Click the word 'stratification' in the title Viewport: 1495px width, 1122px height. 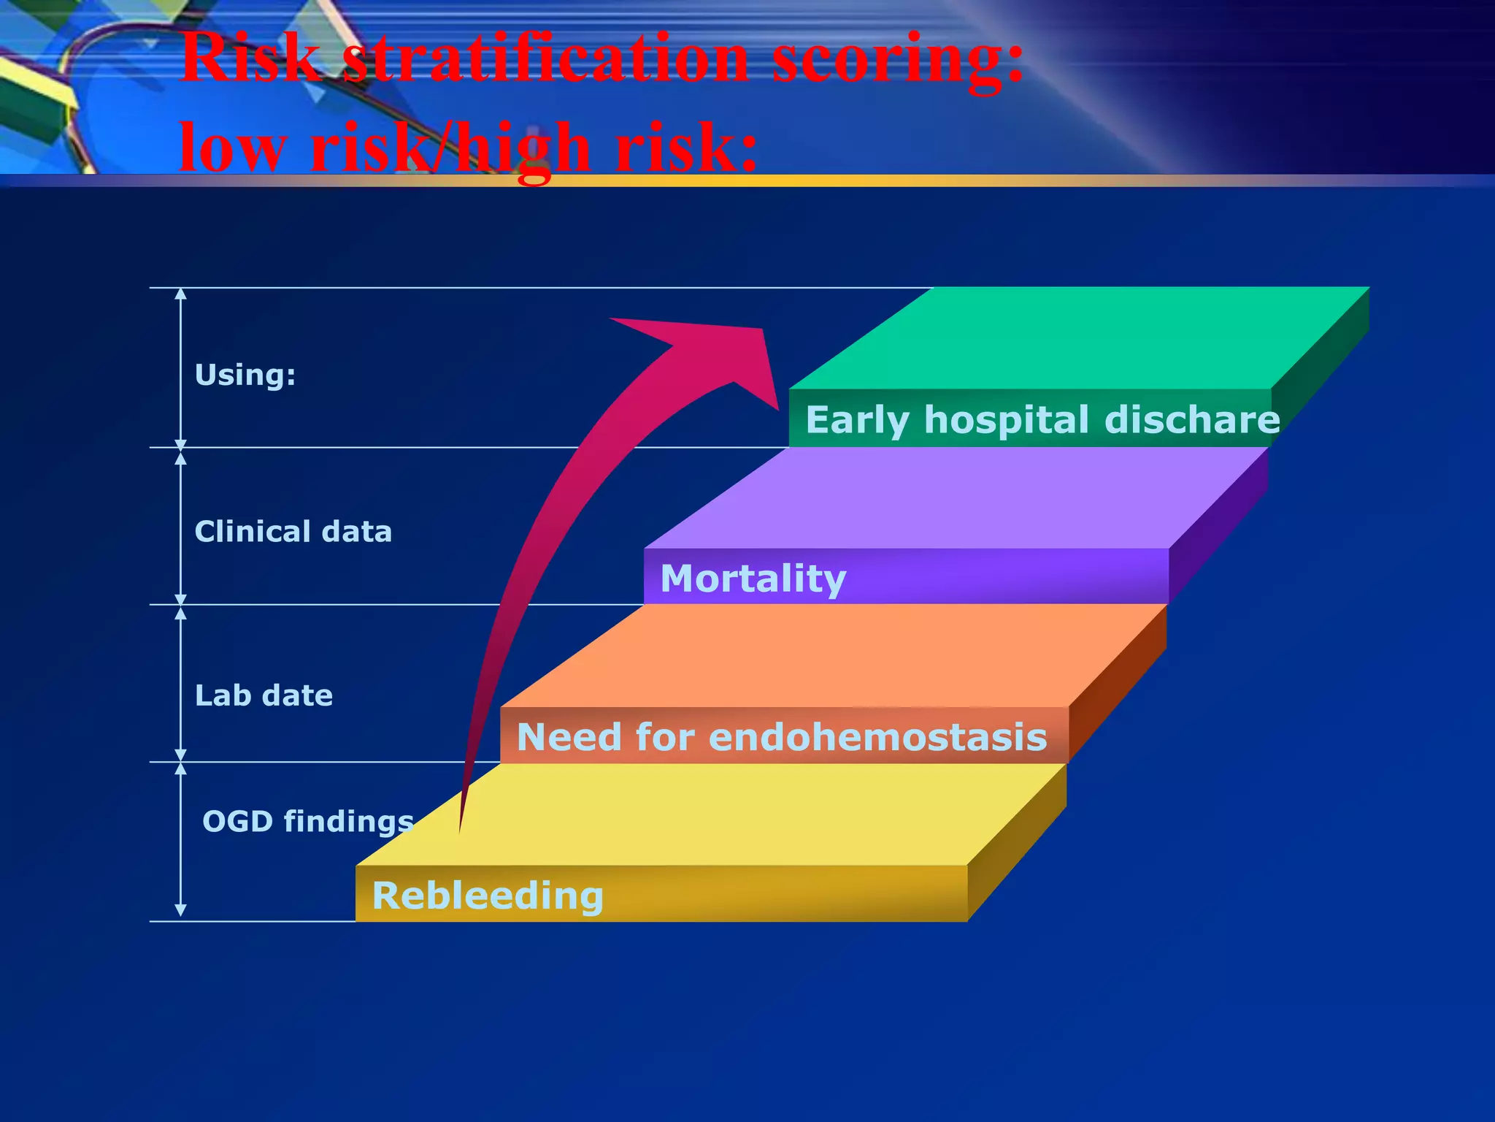545,60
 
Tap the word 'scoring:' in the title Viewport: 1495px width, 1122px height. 897,60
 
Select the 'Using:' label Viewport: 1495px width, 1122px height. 245,375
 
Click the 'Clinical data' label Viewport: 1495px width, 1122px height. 293,532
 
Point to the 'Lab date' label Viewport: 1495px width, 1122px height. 264,695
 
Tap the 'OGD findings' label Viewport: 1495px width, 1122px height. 308,822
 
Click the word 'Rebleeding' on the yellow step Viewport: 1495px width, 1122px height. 488,896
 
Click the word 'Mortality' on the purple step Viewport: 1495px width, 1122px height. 753,579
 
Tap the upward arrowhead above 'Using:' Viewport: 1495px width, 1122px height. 181,294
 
